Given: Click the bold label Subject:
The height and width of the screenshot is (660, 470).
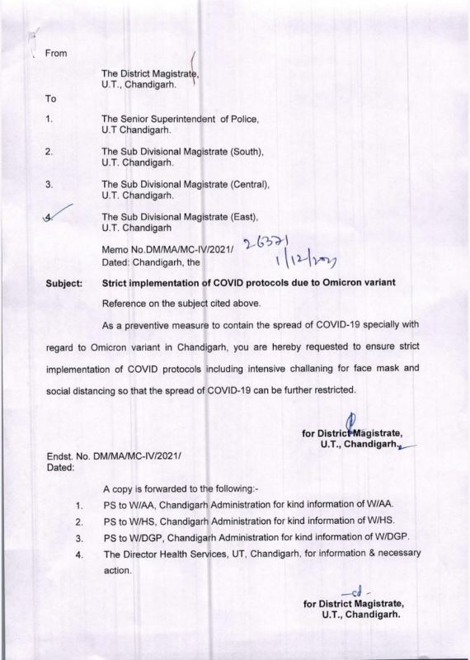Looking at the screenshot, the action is point(62,283).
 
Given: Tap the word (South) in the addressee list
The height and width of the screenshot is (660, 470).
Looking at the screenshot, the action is point(243,152).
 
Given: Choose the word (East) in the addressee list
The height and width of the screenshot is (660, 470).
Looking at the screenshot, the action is point(242,217).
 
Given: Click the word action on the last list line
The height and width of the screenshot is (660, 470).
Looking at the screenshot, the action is point(115,569).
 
